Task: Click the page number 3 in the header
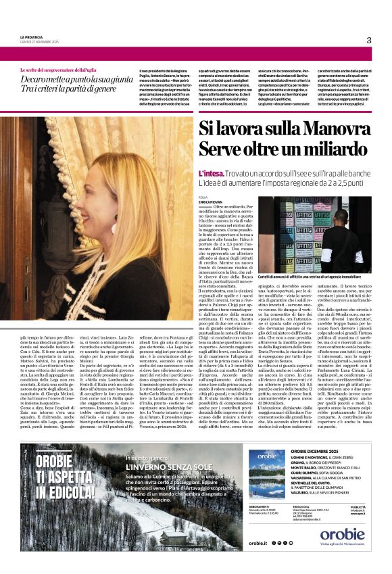pos(369,41)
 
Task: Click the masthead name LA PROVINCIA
pos(32,37)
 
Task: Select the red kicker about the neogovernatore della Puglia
pos(59,70)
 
